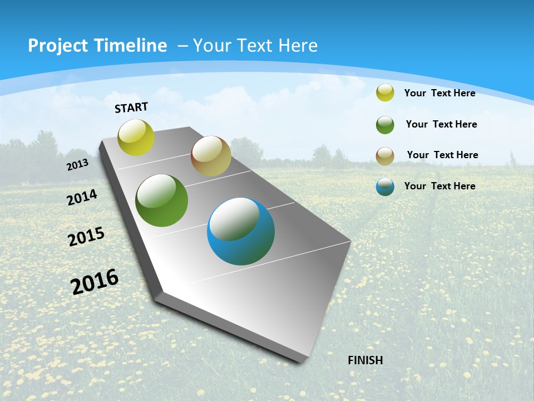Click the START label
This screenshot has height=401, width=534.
tap(131, 107)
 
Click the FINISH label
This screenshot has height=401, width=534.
tap(365, 360)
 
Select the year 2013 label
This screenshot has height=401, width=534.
tap(78, 164)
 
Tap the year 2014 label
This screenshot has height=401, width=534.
tap(82, 197)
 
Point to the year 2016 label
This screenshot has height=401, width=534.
tap(95, 281)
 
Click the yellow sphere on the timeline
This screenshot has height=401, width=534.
tap(136, 137)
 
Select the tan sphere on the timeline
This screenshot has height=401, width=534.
tap(211, 156)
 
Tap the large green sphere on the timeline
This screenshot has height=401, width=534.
tap(162, 200)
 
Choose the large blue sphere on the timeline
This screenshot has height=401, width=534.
tap(241, 231)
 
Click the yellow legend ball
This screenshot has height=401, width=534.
tap(385, 93)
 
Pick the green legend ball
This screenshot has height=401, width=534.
tap(385, 125)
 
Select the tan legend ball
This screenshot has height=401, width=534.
tap(385, 156)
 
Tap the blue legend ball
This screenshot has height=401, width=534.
tap(385, 187)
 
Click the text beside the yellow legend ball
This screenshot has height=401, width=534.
tap(439, 93)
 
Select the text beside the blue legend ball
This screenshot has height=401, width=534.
tap(439, 186)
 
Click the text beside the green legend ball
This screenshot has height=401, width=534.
tap(441, 124)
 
